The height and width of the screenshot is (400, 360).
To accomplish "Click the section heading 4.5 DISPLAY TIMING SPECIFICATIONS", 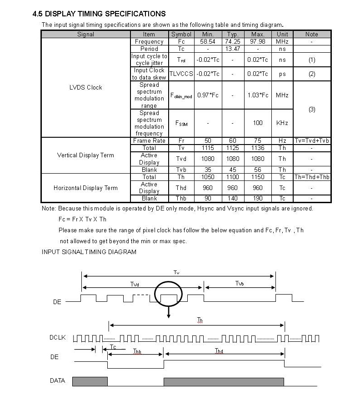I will click(x=99, y=14).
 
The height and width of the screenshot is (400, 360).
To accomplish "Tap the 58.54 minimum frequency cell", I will click(x=208, y=41).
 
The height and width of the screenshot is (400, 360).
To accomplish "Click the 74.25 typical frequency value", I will click(x=232, y=41).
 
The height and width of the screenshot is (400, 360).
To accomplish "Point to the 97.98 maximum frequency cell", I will click(x=257, y=41).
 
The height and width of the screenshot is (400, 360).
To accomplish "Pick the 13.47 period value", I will click(x=232, y=49).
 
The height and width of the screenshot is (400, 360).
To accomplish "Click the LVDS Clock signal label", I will click(x=86, y=87).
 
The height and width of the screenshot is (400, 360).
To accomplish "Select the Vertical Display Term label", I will click(x=85, y=155).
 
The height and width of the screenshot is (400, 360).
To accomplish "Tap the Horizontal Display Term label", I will click(x=85, y=188).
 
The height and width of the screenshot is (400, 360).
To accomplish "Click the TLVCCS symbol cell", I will click(x=181, y=74).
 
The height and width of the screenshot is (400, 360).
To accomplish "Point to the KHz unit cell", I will click(x=282, y=123).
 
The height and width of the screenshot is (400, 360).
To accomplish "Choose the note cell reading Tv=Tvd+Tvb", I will click(x=312, y=140).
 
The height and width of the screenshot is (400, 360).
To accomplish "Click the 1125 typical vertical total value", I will click(x=232, y=148).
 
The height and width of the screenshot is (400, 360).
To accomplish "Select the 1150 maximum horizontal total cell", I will click(x=257, y=177).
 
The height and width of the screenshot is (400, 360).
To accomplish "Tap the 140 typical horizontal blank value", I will click(x=232, y=198).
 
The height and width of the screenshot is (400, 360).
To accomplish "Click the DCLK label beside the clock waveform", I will click(x=58, y=337).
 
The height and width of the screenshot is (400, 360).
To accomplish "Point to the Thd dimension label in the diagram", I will click(x=219, y=351).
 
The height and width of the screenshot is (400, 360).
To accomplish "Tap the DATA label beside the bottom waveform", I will click(x=57, y=380).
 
